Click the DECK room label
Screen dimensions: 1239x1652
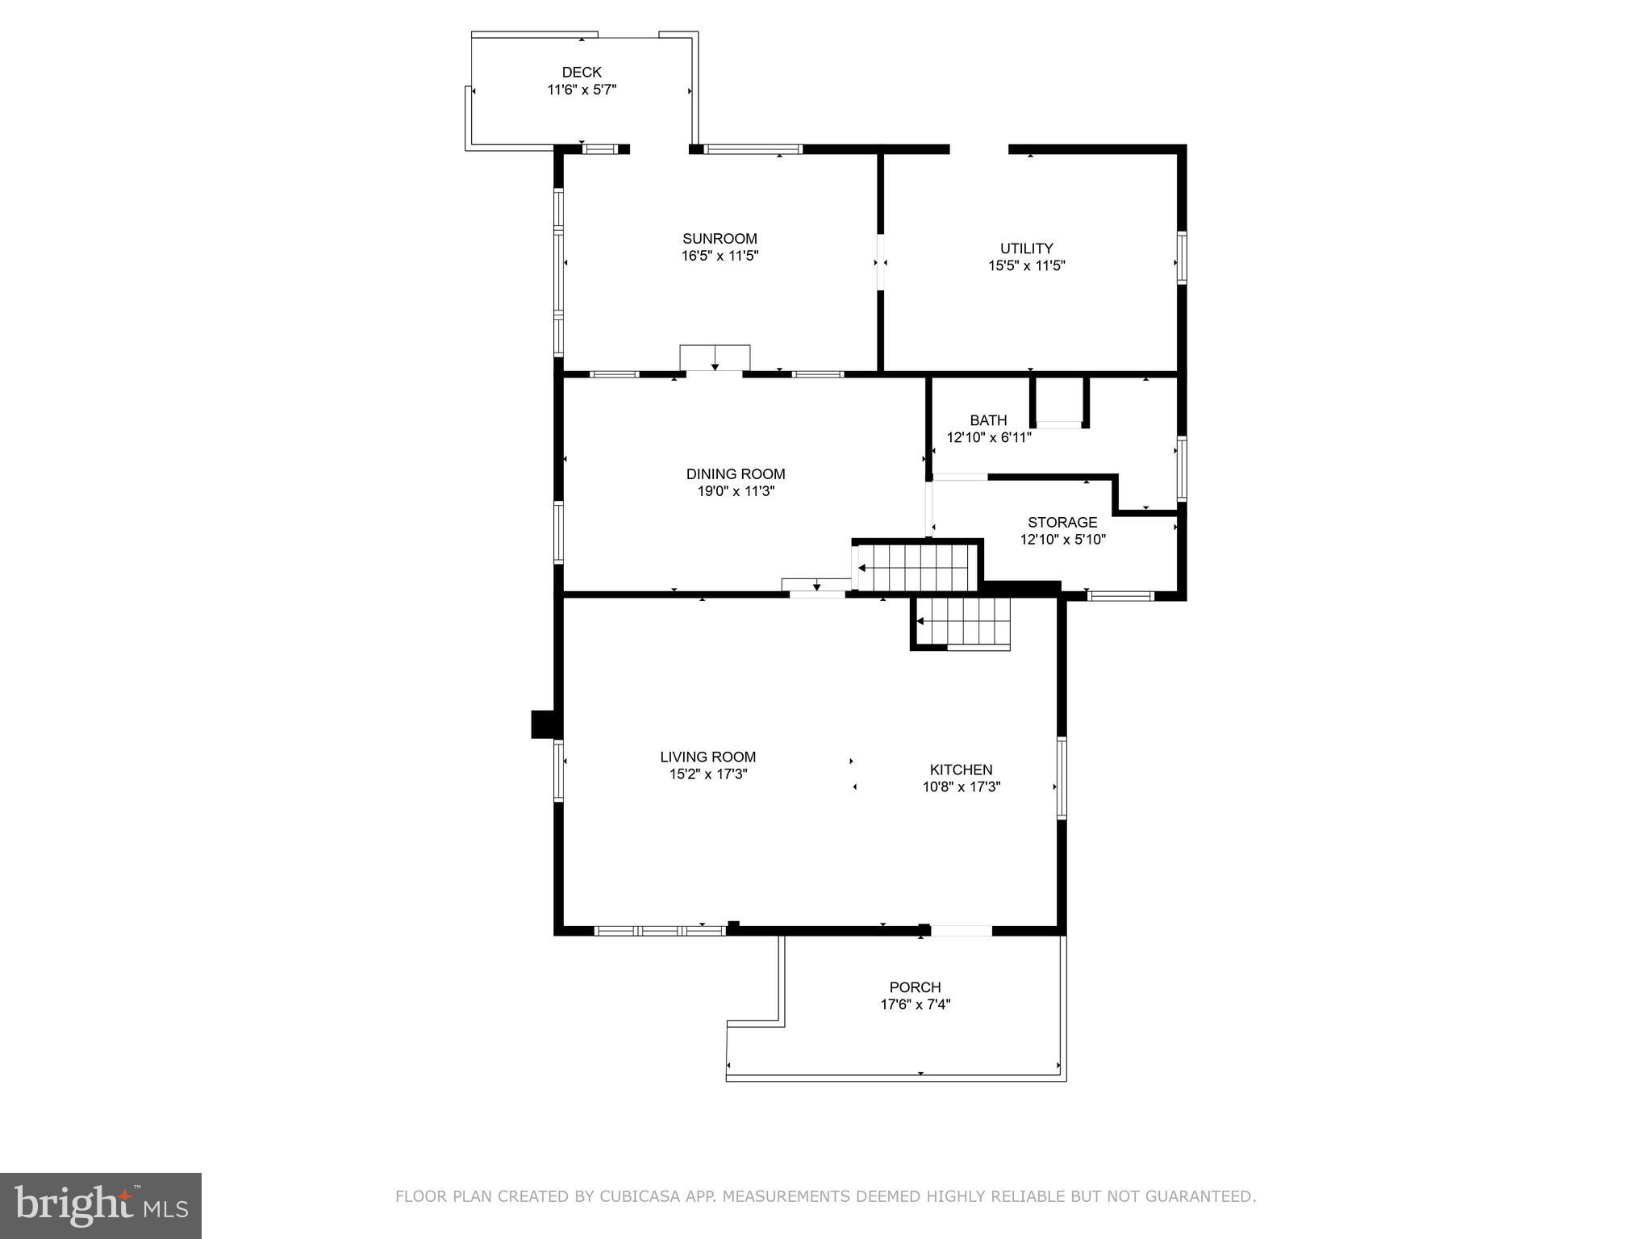coord(582,73)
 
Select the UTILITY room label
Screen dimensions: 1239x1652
coord(1026,248)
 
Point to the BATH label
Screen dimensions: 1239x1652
coord(988,420)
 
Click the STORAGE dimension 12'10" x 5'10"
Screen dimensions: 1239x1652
coord(1062,540)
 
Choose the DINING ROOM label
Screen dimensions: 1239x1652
coord(735,473)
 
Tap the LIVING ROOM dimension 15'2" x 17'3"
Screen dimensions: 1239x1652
coord(707,774)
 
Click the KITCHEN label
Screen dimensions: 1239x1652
coord(961,770)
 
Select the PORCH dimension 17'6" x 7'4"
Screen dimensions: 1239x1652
coord(915,1004)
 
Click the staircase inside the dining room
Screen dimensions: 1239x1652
coord(915,567)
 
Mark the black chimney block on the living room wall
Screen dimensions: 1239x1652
coord(544,724)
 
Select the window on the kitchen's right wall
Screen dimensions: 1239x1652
coord(1062,778)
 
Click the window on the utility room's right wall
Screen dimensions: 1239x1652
coord(1182,257)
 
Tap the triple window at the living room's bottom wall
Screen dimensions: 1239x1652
coord(660,930)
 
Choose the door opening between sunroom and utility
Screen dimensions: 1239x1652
coord(881,261)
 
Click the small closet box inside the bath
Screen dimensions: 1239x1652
coord(1059,401)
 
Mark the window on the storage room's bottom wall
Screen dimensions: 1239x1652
coord(1120,596)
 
